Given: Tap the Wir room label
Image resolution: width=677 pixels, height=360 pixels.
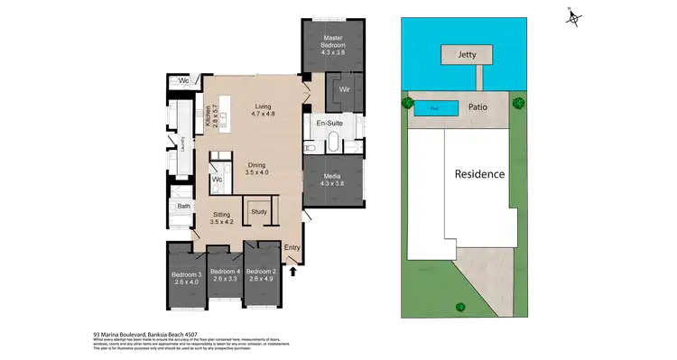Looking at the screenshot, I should click(344, 89).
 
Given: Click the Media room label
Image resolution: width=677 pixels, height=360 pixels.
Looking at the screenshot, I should click(333, 179).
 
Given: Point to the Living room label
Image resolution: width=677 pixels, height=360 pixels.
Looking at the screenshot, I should click(262, 110).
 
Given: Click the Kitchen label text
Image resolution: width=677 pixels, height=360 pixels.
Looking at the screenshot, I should click(207, 115).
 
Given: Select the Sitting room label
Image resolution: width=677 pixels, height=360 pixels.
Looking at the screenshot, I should click(221, 217).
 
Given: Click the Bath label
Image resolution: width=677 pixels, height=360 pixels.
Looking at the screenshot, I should click(183, 207).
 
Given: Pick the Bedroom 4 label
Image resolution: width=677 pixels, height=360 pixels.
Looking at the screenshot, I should click(224, 275).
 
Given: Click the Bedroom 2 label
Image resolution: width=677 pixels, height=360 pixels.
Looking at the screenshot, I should click(262, 275).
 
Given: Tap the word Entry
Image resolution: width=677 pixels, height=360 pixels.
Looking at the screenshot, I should click(292, 247).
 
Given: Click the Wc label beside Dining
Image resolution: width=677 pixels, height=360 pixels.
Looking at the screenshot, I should click(217, 180).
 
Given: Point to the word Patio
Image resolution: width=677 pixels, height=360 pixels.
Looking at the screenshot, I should click(478, 107).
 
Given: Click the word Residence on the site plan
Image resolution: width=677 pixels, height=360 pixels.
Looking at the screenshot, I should click(478, 174).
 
